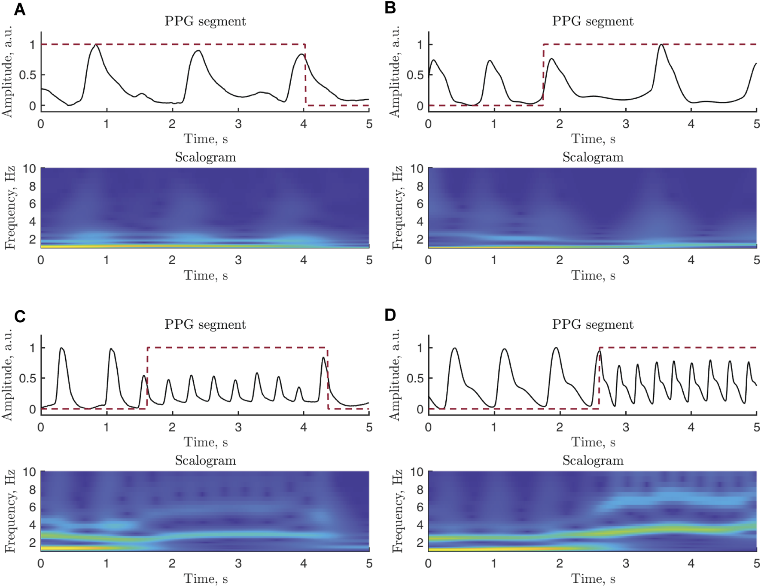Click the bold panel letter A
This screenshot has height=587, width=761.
pyautogui.click(x=19, y=9)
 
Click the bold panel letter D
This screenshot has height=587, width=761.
pyautogui.click(x=390, y=315)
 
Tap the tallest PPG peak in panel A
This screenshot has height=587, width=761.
pyautogui.click(x=96, y=45)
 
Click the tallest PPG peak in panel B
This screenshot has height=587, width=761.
pyautogui.click(x=661, y=45)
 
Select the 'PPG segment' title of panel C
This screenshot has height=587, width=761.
pyautogui.click(x=205, y=324)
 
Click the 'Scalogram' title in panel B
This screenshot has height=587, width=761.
pyautogui.click(x=593, y=157)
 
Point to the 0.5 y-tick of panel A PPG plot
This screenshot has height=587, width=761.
pyautogui.click(x=27, y=75)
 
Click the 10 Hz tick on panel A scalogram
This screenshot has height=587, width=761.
pyautogui.click(x=29, y=168)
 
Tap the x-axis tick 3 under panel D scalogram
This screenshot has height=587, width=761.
pyautogui.click(x=626, y=563)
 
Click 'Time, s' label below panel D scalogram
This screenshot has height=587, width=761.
pyautogui.click(x=593, y=579)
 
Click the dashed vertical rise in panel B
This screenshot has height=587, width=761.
pyautogui.click(x=543, y=75)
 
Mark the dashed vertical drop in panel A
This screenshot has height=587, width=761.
pyautogui.click(x=305, y=75)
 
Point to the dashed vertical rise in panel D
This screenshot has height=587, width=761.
pyautogui.click(x=599, y=378)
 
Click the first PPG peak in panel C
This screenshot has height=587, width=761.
pyautogui.click(x=62, y=348)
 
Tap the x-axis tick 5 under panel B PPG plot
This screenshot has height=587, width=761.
pyautogui.click(x=756, y=124)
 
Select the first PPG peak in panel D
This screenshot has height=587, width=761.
pyautogui.click(x=454, y=349)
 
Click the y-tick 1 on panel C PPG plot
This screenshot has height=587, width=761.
pyautogui.click(x=32, y=348)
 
